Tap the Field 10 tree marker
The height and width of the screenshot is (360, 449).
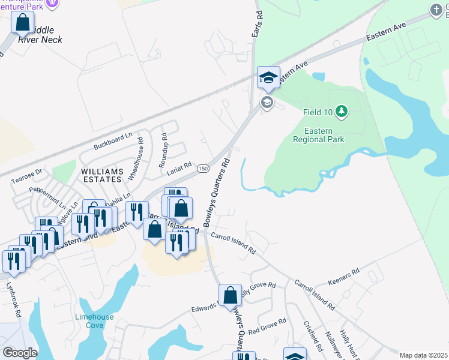tap(342, 111)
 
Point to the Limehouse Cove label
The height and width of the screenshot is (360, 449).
tap(90, 321)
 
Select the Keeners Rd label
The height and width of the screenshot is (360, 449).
tap(343, 276)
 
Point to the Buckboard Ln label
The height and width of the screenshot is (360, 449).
tap(113, 142)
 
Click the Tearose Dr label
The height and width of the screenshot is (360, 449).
tap(26, 175)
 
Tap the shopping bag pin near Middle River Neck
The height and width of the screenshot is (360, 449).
tap(23, 23)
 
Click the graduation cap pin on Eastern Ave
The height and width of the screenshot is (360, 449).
tap(268, 77)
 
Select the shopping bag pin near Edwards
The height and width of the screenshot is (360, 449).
tap(230, 296)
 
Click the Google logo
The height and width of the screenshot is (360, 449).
tap(19, 352)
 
